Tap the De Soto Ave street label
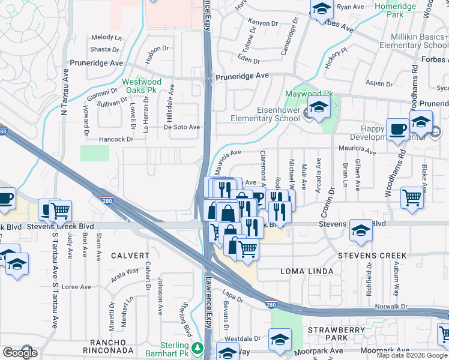coord(182,127)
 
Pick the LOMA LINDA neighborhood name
coord(307,271)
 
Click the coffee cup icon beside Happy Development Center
coord(397,130)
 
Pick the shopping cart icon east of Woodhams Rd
coord(412,197)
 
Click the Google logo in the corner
coord(20,352)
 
